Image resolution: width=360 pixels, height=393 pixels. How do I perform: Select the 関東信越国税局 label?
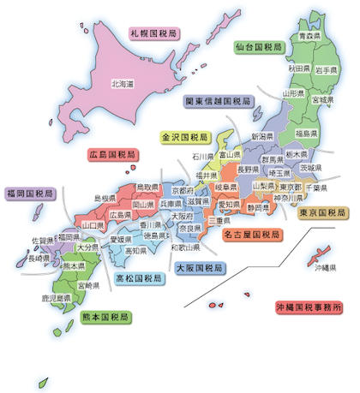218,101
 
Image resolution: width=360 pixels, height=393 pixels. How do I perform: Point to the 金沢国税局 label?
181,136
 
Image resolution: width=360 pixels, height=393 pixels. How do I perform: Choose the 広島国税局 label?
111,155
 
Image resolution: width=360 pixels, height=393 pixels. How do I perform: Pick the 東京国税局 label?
322,211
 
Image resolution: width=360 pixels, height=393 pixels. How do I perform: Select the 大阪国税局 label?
199,268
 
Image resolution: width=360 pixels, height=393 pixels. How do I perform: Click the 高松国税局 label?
139,278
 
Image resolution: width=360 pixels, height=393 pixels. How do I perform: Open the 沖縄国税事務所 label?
308,307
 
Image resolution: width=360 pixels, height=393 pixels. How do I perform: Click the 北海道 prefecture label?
123,84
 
